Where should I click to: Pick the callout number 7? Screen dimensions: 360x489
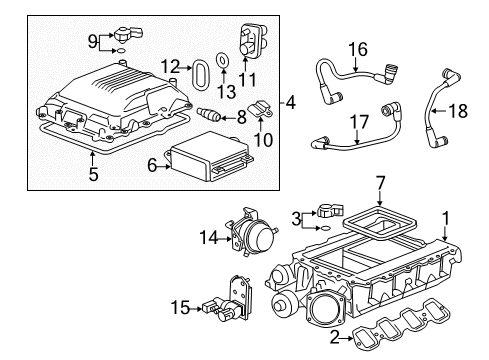[381, 181]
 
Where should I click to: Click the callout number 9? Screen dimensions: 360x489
[92, 41]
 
